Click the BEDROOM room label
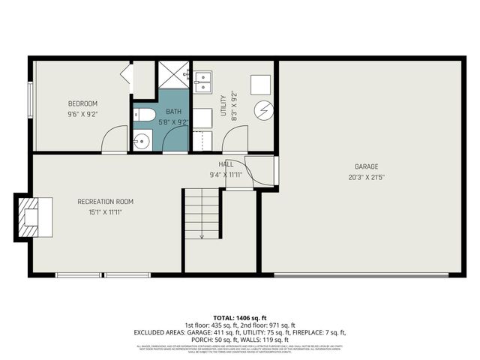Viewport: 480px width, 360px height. coord(82,103)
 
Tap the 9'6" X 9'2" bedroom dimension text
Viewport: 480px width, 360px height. coord(82,114)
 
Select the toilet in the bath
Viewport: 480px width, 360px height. coord(145,115)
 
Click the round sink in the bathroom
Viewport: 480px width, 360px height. coord(142,140)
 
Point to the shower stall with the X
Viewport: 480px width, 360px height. coord(173,74)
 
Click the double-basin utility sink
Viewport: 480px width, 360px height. coord(204,79)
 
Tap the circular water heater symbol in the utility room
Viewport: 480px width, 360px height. coord(262,110)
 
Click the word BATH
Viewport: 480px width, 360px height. coord(173,112)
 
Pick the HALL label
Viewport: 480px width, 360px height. coord(226,164)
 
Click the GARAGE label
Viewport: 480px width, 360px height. coord(367,166)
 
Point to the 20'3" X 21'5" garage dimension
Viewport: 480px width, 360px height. coord(367,177)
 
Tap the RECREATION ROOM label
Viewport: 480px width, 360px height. coord(105,201)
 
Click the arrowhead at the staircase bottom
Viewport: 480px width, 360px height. coord(202,237)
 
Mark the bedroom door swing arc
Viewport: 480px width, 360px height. coord(113,137)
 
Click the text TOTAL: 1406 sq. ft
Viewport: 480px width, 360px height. coord(240,319)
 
